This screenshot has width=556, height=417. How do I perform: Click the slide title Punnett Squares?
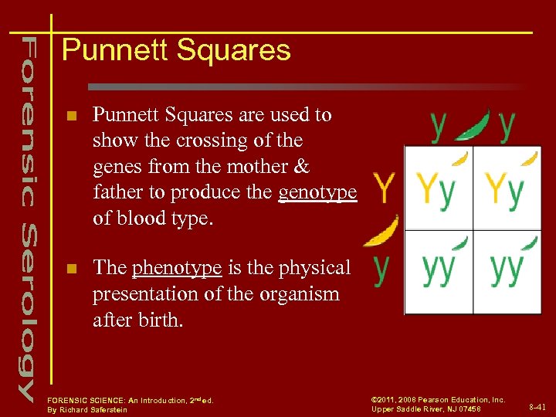pos(176,50)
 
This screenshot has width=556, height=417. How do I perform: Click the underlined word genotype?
pos(317,192)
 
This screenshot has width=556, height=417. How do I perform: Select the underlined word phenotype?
pos(177,268)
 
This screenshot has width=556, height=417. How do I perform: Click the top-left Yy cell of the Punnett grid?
pos(437,188)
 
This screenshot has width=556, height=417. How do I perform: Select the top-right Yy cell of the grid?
pos(506,188)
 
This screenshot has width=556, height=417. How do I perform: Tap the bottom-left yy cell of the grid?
pos(437,270)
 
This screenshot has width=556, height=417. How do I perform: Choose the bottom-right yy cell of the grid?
pos(506,270)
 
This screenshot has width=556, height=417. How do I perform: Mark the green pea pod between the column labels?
pos(473,125)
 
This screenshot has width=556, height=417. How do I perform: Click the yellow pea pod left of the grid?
pos(381,232)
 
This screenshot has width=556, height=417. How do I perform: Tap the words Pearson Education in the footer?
pos(460,399)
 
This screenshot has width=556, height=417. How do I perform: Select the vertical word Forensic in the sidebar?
pos(28,120)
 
